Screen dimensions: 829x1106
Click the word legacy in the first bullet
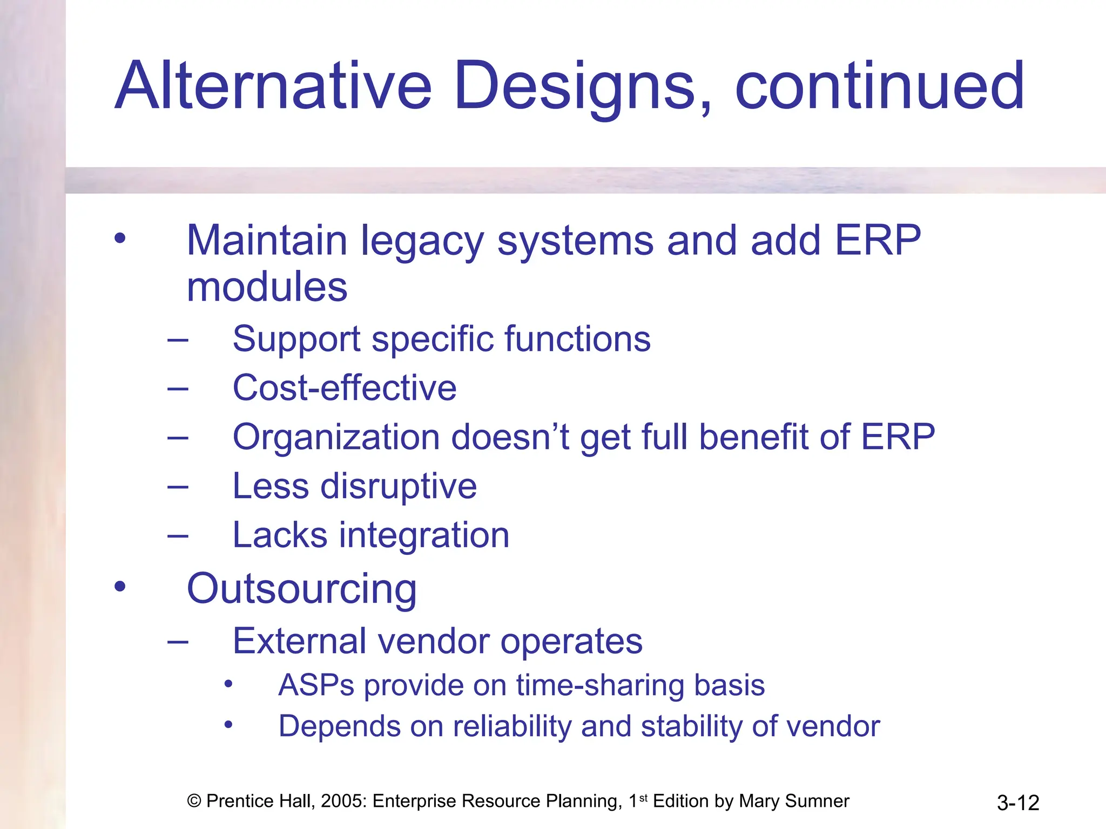(422, 241)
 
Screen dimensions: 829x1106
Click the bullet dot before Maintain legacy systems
(120, 238)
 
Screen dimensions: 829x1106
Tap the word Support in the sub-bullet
(296, 339)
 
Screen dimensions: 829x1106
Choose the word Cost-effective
(345, 388)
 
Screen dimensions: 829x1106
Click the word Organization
(336, 437)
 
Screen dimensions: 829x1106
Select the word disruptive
(399, 486)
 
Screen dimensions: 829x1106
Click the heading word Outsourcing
(301, 589)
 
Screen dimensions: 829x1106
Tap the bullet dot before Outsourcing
(120, 587)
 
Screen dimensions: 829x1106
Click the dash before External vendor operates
(178, 642)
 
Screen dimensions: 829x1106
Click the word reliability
(512, 726)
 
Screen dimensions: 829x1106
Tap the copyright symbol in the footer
(194, 801)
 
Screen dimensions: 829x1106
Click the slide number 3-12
(1017, 803)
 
